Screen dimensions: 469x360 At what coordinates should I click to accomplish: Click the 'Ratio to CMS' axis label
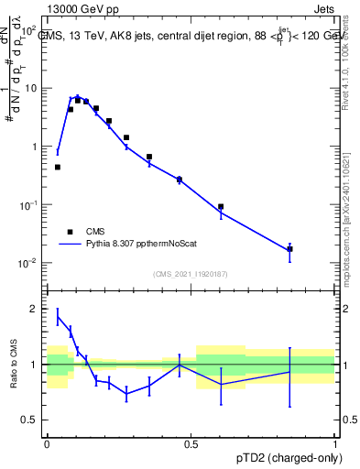[14, 364]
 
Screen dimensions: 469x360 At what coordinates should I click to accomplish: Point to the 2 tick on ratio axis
[33, 309]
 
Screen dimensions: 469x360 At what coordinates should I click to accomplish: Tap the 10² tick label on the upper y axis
[28, 30]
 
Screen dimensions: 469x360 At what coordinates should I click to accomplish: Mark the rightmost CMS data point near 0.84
[289, 248]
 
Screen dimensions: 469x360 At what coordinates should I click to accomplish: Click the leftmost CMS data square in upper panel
[58, 168]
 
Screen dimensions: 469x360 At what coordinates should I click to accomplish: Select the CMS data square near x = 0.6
[221, 207]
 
